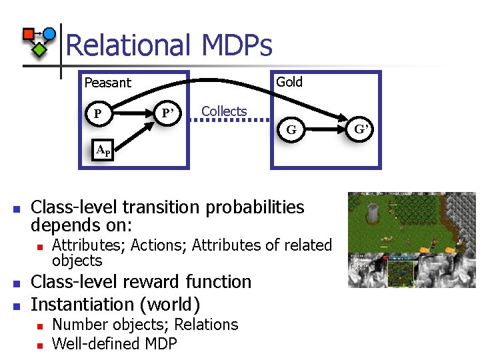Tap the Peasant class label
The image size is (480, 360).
coord(108,83)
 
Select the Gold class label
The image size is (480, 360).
coord(289,82)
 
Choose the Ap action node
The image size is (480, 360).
coord(103,150)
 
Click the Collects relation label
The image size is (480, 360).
coord(224,111)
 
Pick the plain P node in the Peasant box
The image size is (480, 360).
coord(98,114)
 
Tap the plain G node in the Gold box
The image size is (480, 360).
coord(291,129)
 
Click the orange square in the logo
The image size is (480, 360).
coord(29,34)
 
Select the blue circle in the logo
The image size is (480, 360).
coord(49,33)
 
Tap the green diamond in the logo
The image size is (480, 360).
coord(40,48)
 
